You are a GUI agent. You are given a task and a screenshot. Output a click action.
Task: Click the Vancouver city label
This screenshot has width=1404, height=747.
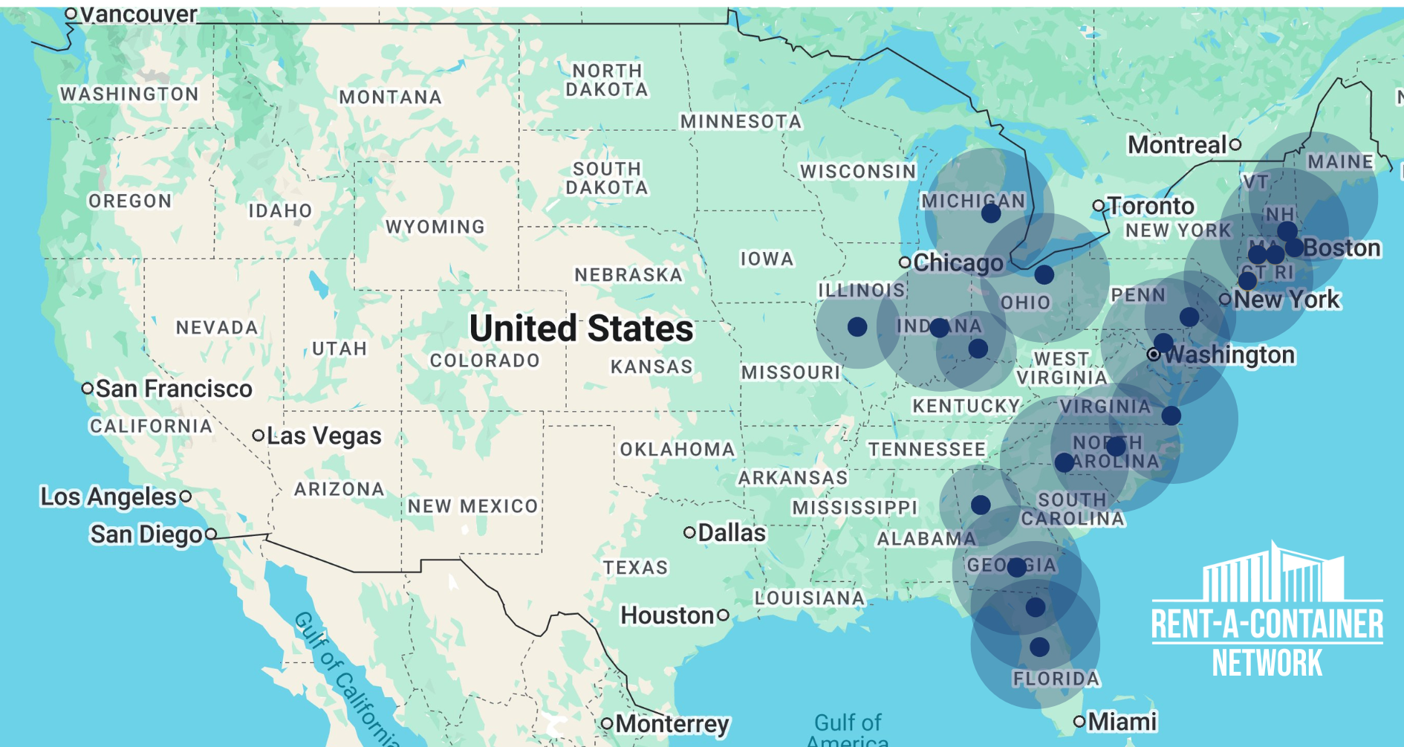click(x=137, y=14)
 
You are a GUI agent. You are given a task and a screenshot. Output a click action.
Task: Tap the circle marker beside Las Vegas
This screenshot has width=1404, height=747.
click(x=258, y=436)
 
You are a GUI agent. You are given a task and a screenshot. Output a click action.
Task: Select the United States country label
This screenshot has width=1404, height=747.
click(x=581, y=329)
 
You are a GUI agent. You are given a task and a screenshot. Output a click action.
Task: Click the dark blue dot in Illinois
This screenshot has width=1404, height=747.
click(x=857, y=327)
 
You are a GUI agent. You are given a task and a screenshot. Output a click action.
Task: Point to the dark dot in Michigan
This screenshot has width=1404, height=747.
click(x=991, y=214)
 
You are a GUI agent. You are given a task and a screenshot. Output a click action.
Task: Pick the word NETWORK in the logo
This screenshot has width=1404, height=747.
click(x=1267, y=663)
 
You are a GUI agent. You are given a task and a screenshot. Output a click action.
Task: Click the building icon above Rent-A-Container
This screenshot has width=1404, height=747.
click(x=1273, y=574)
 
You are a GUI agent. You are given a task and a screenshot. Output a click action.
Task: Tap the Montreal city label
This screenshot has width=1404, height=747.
click(x=1177, y=145)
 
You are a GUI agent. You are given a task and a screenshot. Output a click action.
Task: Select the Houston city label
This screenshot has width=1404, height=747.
click(x=667, y=615)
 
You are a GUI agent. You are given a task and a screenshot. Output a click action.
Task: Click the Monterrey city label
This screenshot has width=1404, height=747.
click(x=672, y=724)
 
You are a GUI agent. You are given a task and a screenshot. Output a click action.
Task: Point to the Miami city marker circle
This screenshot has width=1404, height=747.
click(x=1079, y=721)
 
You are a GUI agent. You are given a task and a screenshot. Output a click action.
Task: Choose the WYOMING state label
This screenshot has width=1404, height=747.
click(x=435, y=227)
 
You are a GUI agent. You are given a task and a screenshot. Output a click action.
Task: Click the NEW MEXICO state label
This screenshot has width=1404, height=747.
click(x=472, y=506)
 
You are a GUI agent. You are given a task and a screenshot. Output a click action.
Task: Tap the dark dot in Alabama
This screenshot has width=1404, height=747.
click(x=981, y=505)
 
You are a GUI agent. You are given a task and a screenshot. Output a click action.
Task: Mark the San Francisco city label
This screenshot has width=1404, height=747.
click(x=174, y=389)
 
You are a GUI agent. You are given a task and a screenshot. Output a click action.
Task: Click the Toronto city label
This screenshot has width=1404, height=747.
click(x=1151, y=206)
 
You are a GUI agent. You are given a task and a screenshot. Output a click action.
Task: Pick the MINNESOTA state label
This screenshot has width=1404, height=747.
click(x=741, y=121)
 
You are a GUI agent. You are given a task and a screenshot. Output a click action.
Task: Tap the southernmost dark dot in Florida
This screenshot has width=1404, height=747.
click(x=1039, y=647)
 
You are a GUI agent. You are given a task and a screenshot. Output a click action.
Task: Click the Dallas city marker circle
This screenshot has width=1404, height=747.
click(x=689, y=533)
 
